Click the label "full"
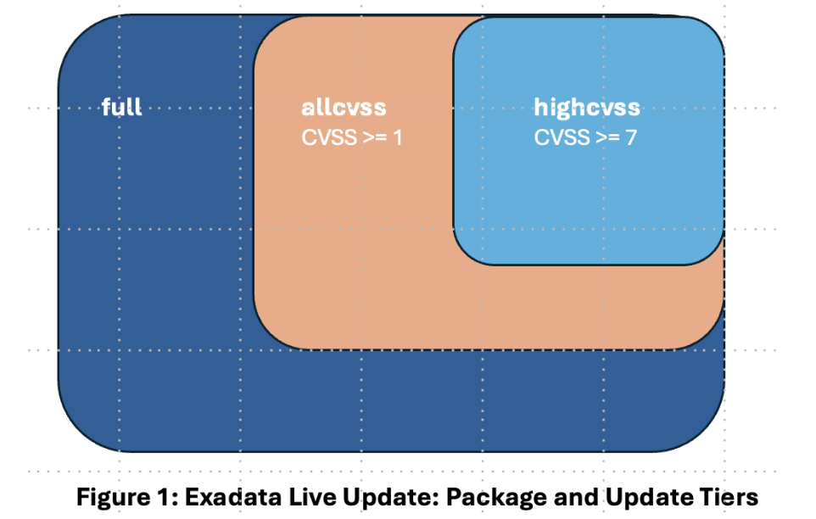point(121,108)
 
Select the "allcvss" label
point(344,109)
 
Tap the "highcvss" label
point(587,109)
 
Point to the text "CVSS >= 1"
point(352,137)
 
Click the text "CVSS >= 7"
point(585,137)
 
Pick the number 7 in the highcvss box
point(630,137)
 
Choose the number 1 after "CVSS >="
point(397,137)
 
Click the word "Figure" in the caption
point(109,495)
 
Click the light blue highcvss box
point(588,195)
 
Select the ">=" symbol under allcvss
point(374,137)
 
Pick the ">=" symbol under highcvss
point(606,137)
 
